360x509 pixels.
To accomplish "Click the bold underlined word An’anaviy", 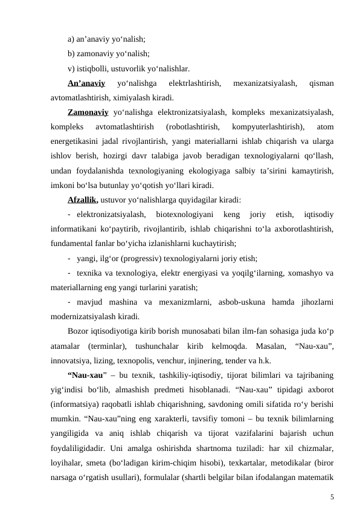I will pyautogui.click(x=87, y=83).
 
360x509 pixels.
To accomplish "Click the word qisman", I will pyautogui.click(x=322, y=83).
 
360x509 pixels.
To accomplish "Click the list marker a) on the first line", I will pyautogui.click(x=71, y=39).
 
